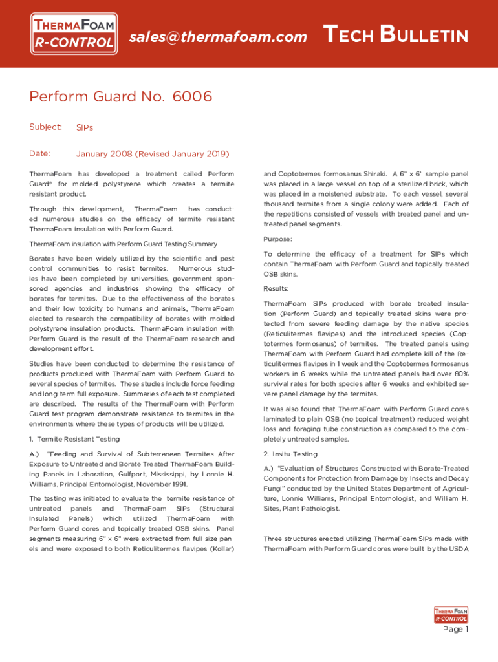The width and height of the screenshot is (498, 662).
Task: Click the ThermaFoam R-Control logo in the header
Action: click(x=75, y=35)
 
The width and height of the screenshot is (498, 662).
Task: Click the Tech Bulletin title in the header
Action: click(x=395, y=35)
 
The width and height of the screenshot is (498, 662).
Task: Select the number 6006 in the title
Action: click(x=193, y=97)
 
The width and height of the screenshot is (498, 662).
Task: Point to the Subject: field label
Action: click(x=45, y=127)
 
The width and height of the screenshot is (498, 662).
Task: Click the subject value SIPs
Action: click(x=85, y=127)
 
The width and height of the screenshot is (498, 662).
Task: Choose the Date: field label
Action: click(x=40, y=153)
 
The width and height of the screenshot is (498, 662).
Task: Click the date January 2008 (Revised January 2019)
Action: click(x=153, y=154)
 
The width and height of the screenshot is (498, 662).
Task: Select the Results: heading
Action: click(x=276, y=288)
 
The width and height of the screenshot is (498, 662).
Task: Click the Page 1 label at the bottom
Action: click(x=455, y=630)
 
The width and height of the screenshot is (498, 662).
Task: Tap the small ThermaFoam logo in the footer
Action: click(x=451, y=614)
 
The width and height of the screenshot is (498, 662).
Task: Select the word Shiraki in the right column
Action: click(x=369, y=174)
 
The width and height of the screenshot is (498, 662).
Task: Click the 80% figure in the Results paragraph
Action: click(x=460, y=373)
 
